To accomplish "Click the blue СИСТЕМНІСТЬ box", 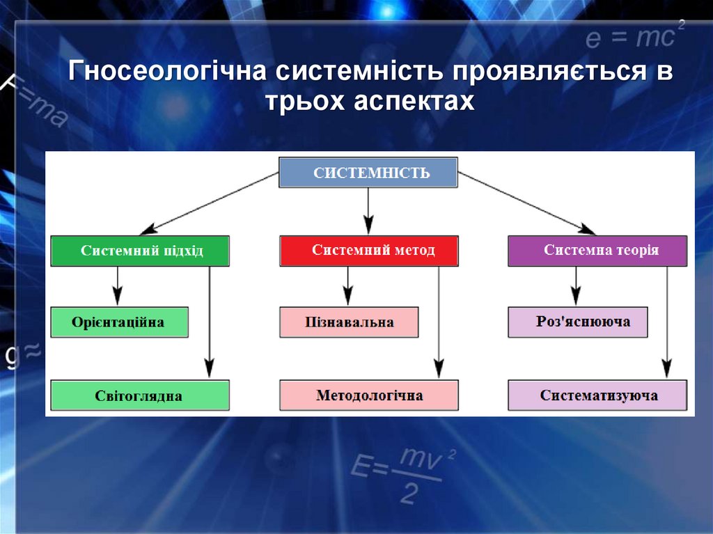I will click(368, 173).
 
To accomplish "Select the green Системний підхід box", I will click(139, 251).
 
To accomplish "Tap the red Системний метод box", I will click(369, 251).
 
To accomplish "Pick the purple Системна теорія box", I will click(597, 251).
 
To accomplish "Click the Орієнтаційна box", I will click(119, 322).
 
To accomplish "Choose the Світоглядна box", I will click(139, 395).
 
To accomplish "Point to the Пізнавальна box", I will click(349, 322).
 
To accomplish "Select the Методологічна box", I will click(369, 395).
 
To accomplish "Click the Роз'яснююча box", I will click(578, 322).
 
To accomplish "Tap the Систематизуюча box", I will click(597, 395).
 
